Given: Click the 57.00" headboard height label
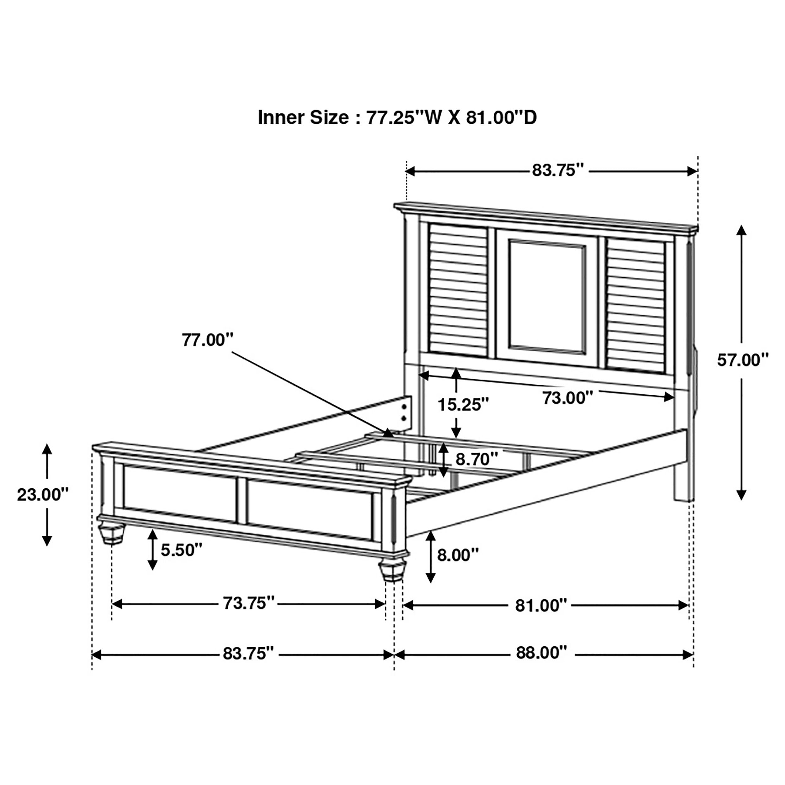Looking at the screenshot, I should [x=743, y=360].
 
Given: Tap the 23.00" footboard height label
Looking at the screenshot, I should [x=43, y=495].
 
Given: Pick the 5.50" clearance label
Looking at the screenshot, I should [x=181, y=550].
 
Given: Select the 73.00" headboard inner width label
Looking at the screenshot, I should [x=568, y=398].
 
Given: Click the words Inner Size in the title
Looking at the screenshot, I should [x=303, y=118].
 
